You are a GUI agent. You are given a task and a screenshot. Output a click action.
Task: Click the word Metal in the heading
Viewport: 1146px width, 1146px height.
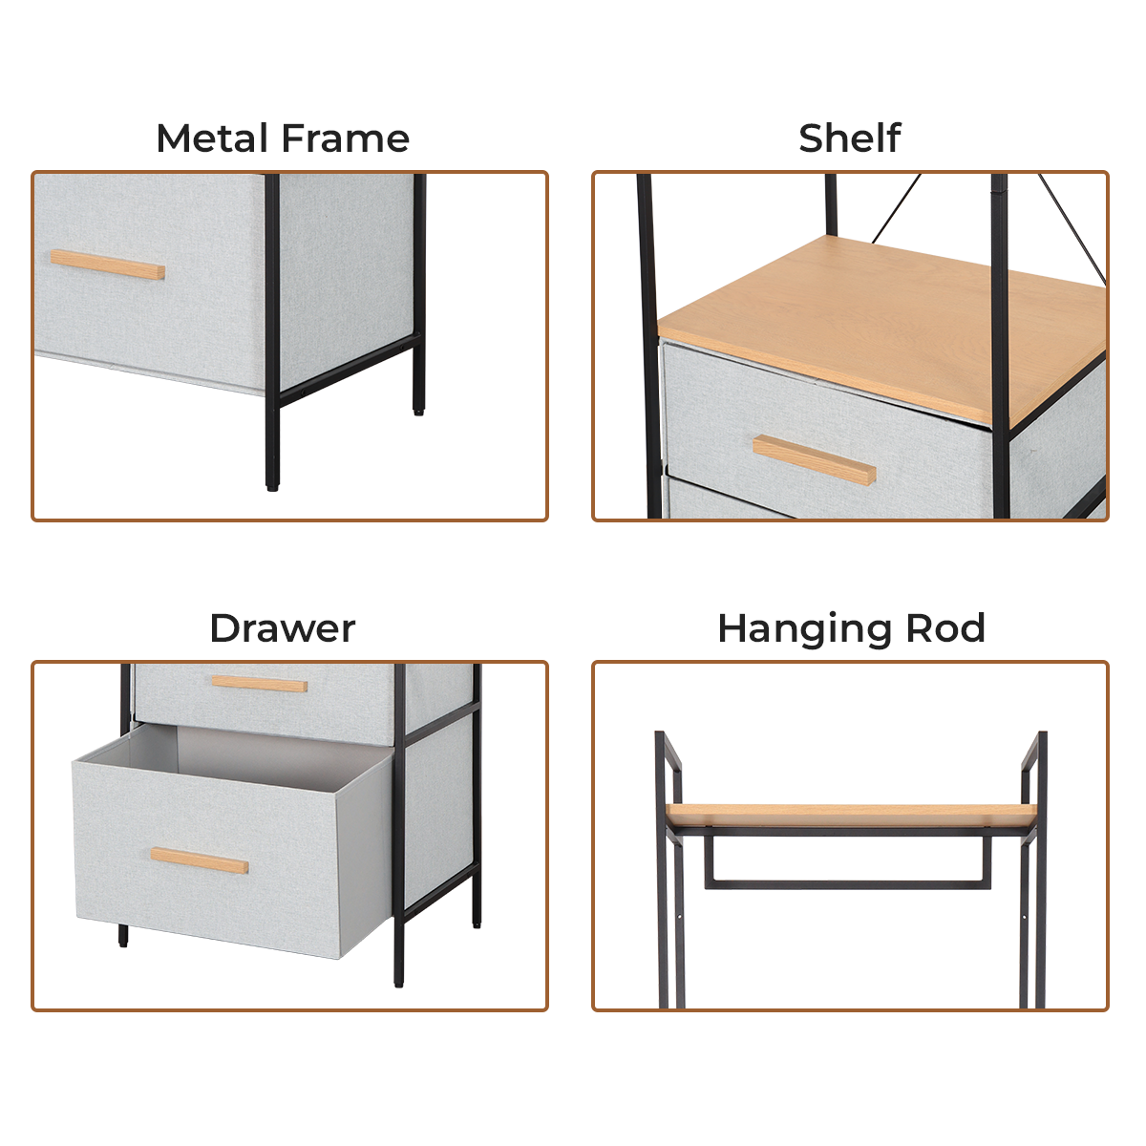tap(212, 138)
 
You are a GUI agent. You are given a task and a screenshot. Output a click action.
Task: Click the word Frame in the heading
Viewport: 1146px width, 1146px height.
tap(346, 138)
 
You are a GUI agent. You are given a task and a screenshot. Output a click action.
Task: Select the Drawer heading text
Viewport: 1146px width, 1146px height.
tap(283, 628)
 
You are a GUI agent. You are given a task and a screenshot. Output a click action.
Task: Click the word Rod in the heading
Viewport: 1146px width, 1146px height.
tap(945, 628)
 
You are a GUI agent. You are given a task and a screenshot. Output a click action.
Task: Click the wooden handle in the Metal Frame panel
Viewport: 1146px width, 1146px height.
tap(108, 265)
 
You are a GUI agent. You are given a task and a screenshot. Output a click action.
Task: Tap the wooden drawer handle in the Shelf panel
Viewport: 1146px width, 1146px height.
tap(815, 459)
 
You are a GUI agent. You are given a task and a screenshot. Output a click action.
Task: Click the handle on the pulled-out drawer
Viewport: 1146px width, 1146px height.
tap(200, 860)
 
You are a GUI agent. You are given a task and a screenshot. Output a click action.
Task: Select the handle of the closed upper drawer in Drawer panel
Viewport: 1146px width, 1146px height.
tap(260, 684)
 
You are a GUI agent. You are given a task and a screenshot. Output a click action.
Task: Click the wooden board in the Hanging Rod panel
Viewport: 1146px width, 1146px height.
tap(852, 814)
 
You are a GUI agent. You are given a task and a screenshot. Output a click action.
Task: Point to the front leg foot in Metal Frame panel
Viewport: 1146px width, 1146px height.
tap(272, 481)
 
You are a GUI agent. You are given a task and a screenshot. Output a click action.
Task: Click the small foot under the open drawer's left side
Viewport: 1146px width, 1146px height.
tap(123, 936)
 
